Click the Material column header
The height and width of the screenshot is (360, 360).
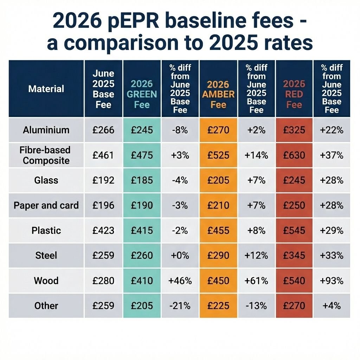pos(46,89)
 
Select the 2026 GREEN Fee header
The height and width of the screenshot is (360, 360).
pos(142,94)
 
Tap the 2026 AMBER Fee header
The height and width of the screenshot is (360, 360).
pos(218,94)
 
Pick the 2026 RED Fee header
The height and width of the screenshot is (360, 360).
pos(294,94)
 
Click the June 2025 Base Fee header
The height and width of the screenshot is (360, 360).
pos(103,89)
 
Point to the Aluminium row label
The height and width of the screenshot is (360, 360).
pos(46,130)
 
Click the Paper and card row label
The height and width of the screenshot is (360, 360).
pos(46,205)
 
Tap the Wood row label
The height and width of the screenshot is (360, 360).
pos(46,281)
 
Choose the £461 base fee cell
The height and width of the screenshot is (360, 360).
pos(103,155)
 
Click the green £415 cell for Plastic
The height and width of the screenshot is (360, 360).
pos(142,231)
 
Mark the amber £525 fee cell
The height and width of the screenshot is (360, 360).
pos(218,155)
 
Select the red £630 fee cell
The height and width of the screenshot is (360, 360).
pos(294,155)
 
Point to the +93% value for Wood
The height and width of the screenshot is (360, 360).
pos(332,281)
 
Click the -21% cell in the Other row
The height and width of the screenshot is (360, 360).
pos(180,306)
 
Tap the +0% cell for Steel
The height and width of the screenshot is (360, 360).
pos(180,256)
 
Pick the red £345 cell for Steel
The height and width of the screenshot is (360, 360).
pos(294,256)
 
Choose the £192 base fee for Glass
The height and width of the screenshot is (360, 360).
pos(103,180)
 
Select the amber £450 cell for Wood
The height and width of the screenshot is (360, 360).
pos(218,281)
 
